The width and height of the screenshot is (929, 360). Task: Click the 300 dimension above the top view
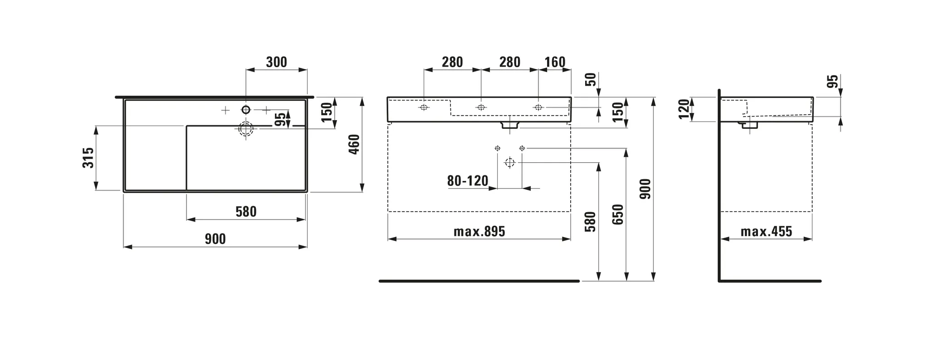coord(276,62)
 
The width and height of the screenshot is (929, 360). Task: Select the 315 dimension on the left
coord(88,157)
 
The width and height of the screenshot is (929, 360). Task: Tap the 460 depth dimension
coord(354,144)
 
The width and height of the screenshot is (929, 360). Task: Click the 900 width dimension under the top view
coord(215,239)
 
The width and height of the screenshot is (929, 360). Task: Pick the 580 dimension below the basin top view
coord(246,212)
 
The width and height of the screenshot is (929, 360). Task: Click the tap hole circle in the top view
coord(246,109)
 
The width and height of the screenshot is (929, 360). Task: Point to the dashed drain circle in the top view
coord(246,129)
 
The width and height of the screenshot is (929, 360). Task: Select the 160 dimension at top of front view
coord(554,62)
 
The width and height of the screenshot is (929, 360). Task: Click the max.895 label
coord(479,232)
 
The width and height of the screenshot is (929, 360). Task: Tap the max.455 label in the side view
coord(766,232)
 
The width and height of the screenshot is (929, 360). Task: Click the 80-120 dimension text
coord(468,181)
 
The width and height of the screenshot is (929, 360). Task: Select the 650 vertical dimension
coord(618,214)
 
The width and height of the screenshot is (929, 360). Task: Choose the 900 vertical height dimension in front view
coord(645,189)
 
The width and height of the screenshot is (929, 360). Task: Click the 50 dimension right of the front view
coord(591,79)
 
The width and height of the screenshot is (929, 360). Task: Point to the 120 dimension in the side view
coord(684,109)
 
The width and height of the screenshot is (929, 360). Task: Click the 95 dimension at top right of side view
coord(833,82)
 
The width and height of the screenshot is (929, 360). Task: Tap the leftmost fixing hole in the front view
coord(424,107)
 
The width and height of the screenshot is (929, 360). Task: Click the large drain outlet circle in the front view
coord(510,162)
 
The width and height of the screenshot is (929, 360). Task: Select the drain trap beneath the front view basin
coord(510,125)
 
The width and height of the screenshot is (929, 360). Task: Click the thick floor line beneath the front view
coord(479,281)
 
